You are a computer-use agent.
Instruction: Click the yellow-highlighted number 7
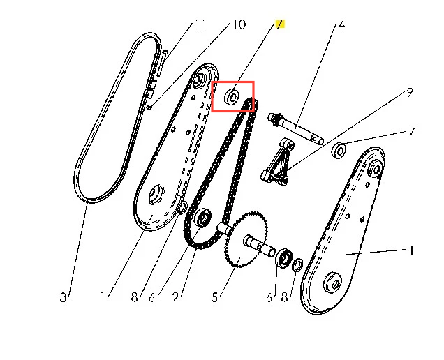(280, 24)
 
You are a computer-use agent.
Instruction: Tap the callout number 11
(201, 24)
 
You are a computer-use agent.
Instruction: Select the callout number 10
(239, 24)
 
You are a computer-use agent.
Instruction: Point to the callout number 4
(342, 24)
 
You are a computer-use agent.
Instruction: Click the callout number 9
(410, 92)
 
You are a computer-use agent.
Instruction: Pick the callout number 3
(63, 297)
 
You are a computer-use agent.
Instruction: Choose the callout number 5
(214, 297)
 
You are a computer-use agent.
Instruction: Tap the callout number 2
(176, 297)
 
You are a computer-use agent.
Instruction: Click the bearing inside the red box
(232, 97)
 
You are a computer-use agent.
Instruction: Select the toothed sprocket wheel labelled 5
(246, 239)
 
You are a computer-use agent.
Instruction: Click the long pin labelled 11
(162, 63)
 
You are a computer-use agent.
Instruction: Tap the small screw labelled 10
(150, 107)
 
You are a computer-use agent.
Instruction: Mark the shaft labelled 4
(296, 128)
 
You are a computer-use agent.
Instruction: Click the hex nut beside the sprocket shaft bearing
(297, 265)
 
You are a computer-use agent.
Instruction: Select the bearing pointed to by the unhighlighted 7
(339, 151)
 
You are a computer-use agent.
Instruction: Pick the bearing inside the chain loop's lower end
(203, 218)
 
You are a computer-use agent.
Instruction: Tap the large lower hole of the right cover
(333, 283)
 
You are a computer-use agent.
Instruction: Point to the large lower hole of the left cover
(156, 194)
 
